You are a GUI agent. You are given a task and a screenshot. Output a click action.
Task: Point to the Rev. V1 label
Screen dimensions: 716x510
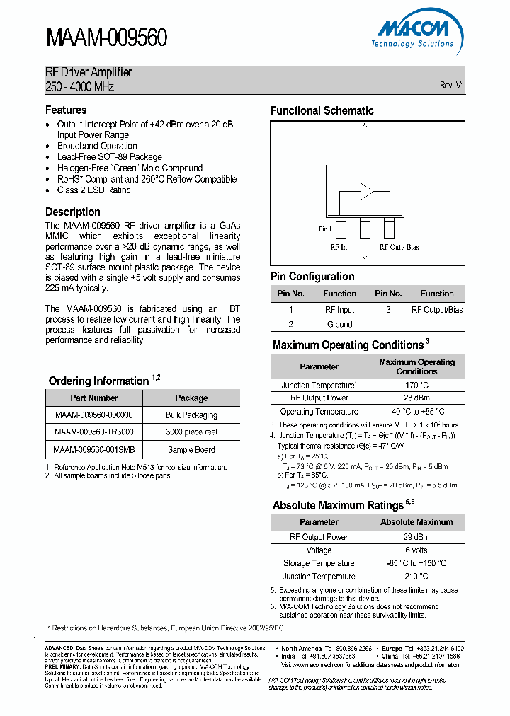click(451, 85)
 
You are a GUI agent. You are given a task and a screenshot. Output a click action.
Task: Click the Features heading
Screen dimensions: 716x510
click(66, 110)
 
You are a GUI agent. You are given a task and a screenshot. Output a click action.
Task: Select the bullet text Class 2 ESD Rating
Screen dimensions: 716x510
click(93, 190)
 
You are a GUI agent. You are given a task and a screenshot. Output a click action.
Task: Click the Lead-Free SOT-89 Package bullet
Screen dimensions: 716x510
click(109, 157)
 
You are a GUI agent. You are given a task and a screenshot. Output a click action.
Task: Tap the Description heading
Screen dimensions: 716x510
click(72, 212)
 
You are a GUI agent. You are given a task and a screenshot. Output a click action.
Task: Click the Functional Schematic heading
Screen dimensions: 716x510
click(322, 110)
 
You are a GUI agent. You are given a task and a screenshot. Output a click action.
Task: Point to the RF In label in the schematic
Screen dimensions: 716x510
click(338, 247)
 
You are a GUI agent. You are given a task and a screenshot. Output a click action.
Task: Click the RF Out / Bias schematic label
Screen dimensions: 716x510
click(399, 247)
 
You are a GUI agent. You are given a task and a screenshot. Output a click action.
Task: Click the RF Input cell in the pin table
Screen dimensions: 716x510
click(339, 310)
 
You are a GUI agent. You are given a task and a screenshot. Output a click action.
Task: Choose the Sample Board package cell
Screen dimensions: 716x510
click(191, 449)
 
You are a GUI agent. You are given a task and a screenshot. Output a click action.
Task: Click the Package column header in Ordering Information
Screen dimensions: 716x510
click(191, 398)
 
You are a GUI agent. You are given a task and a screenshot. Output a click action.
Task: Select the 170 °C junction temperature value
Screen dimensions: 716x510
click(416, 386)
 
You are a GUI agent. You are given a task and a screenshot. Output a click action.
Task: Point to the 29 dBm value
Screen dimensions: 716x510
click(416, 537)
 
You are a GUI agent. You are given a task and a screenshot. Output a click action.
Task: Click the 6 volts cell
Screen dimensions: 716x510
click(416, 550)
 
